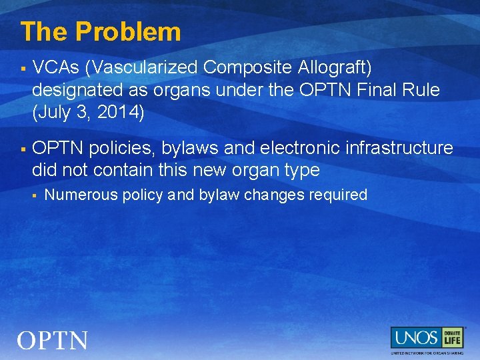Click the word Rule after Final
click(421, 90)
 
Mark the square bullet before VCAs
click(23, 68)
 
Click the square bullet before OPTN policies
click(23, 148)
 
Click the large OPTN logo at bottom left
click(53, 341)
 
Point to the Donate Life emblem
click(452, 337)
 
